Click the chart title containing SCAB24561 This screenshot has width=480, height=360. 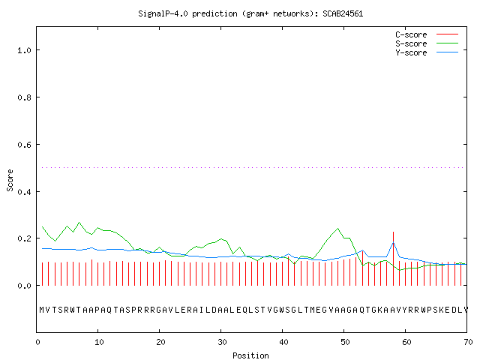pyautogui.click(x=250, y=13)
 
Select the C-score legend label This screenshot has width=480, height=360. pyautogui.click(x=411, y=34)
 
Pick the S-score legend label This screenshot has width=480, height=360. pyautogui.click(x=411, y=43)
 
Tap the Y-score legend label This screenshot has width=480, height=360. pyautogui.click(x=411, y=52)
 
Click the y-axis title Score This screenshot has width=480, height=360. pyautogui.click(x=10, y=181)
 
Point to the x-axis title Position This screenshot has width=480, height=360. pyautogui.click(x=250, y=355)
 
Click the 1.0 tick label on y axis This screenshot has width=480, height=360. pyautogui.click(x=24, y=50)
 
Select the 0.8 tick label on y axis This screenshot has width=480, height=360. pyautogui.click(x=24, y=97)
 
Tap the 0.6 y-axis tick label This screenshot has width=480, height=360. pyautogui.click(x=24, y=145)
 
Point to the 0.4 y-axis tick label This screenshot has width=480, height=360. pyautogui.click(x=24, y=192)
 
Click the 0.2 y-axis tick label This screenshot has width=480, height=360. pyautogui.click(x=24, y=238)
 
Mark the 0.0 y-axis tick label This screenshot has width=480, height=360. pyautogui.click(x=24, y=286)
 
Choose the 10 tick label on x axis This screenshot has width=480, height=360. pyautogui.click(x=99, y=342)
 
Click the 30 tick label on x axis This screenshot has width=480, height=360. pyautogui.click(x=222, y=342)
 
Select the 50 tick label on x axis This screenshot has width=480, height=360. pyautogui.click(x=345, y=342)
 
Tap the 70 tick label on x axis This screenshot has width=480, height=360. pyautogui.click(x=468, y=342)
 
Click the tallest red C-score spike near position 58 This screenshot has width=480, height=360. pyautogui.click(x=393, y=259)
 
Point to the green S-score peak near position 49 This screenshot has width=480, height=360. pyautogui.click(x=338, y=228)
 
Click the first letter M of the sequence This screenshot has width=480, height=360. pyautogui.click(x=42, y=310)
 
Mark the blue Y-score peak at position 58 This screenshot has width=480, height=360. pyautogui.click(x=393, y=243)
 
